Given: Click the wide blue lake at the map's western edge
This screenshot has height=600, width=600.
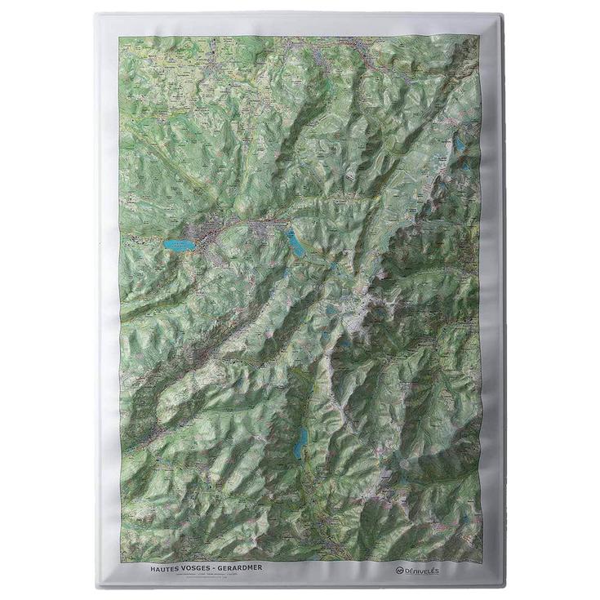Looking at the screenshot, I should (179, 245).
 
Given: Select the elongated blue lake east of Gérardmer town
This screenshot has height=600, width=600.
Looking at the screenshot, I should (293, 242).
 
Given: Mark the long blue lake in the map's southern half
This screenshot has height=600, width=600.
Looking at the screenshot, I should (301, 441).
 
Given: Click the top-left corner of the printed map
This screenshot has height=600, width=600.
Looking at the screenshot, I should (120, 35).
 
